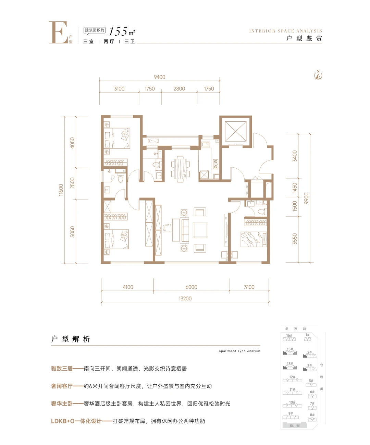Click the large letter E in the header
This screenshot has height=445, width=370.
(x=58, y=33)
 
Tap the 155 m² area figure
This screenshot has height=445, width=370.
(x=122, y=32)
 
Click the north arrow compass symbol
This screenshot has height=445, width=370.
(x=318, y=75)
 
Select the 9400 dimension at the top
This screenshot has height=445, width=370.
(x=159, y=77)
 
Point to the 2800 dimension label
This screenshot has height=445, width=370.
(x=179, y=89)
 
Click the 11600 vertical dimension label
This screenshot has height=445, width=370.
(x=61, y=190)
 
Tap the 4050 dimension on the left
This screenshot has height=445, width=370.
(x=72, y=143)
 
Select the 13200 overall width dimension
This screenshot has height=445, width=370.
(x=185, y=299)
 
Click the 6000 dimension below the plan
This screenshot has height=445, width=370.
(x=191, y=287)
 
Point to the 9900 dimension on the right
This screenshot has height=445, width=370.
(x=306, y=198)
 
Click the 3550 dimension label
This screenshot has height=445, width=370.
(x=295, y=239)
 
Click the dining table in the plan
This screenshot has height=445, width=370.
(x=180, y=168)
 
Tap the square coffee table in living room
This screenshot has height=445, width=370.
(x=200, y=230)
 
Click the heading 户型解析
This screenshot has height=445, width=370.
(x=71, y=339)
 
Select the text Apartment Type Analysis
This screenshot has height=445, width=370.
(x=239, y=351)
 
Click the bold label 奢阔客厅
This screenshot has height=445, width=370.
(x=62, y=386)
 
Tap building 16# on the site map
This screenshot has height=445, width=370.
(x=289, y=337)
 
